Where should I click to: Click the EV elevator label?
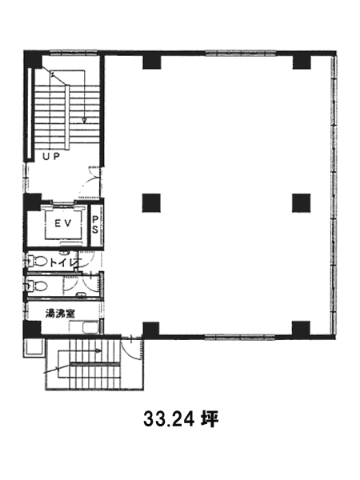[63, 223]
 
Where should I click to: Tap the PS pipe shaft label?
[95, 224]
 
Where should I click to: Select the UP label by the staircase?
[51, 157]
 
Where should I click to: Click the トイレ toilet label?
[65, 262]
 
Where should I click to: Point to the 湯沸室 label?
[60, 313]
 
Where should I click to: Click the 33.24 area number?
[169, 419]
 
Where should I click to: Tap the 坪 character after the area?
[210, 418]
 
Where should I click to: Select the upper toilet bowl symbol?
[38, 262]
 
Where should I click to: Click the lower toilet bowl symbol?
[38, 286]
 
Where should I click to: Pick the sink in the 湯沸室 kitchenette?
[90, 328]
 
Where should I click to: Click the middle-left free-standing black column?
[151, 203]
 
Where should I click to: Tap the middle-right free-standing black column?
[302, 203]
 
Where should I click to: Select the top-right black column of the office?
[302, 62]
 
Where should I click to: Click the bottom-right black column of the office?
[302, 329]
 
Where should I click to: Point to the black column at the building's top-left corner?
[33, 59]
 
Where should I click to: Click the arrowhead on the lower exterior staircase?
[98, 350]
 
